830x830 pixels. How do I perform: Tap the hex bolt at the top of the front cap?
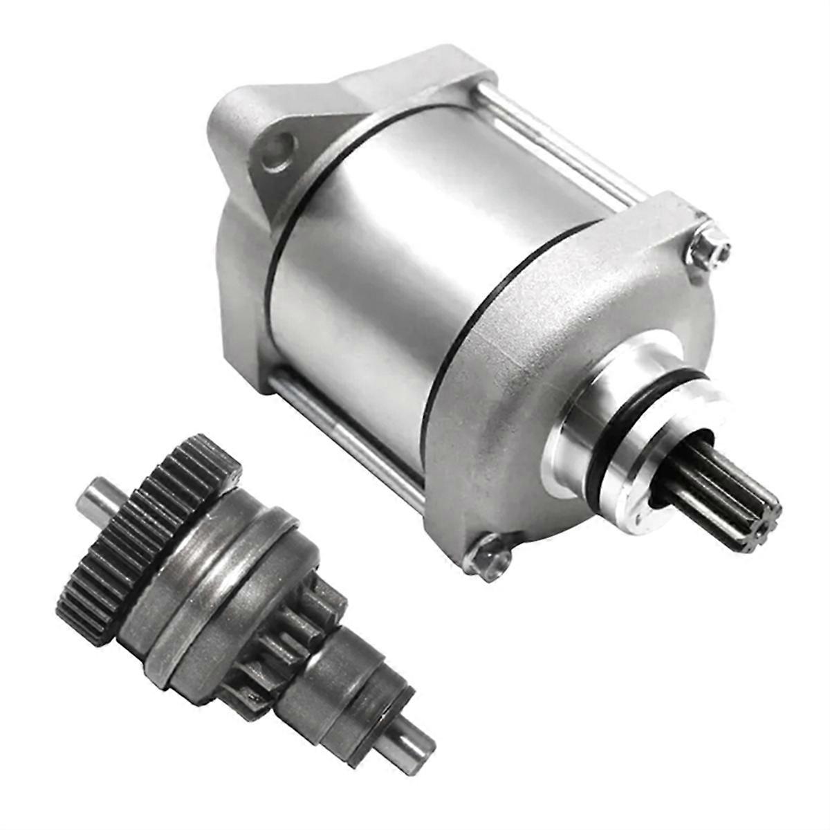[x=708, y=247]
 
